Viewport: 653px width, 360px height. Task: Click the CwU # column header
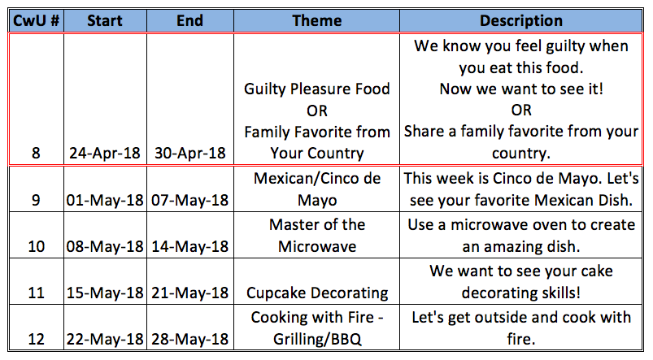coord(37,20)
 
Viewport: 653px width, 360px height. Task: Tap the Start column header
coord(105,20)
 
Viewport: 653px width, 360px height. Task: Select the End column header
coord(190,20)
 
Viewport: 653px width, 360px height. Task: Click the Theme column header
coord(317,20)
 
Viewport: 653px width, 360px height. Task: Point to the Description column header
coord(521,20)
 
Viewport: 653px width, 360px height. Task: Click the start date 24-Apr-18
coord(105,153)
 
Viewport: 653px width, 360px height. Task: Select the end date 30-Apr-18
coord(190,153)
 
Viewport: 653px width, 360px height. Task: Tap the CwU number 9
coord(37,200)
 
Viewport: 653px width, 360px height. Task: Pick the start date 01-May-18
coord(105,200)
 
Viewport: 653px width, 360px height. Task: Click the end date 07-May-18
coord(190,200)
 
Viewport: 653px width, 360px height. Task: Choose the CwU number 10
coord(37,246)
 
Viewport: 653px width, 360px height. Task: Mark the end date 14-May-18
coord(190,246)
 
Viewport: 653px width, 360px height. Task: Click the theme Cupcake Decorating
coord(317,293)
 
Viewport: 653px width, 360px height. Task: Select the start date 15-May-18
coord(105,293)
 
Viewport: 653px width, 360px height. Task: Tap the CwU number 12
coord(37,339)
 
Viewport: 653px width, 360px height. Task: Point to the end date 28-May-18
coord(190,339)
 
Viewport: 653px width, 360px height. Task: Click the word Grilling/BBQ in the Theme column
coord(317,340)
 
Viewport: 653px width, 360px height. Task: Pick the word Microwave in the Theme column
coord(317,246)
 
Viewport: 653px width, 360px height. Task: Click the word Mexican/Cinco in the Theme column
coord(304,179)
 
